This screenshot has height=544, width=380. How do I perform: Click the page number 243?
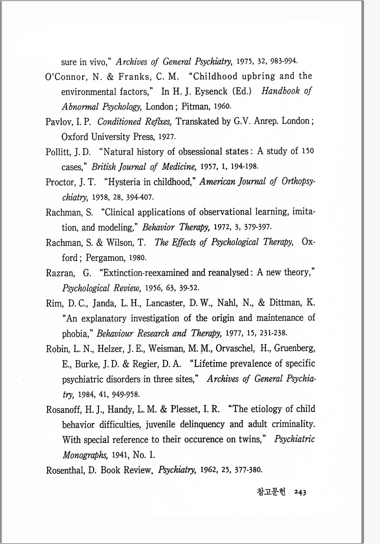click(x=300, y=492)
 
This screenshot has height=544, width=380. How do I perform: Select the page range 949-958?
click(x=125, y=394)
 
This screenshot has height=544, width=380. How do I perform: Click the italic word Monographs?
click(x=85, y=455)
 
